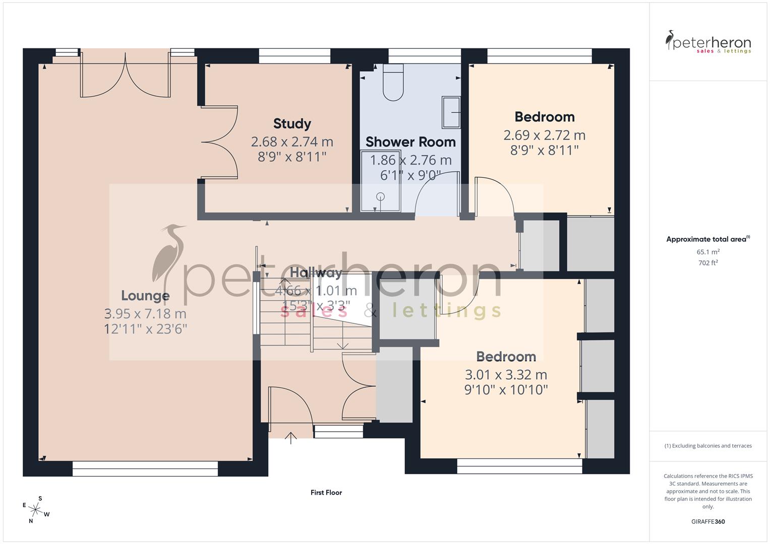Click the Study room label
pos(292,123)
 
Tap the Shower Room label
pos(410,142)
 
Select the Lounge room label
pos(145,296)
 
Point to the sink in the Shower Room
pos(451,112)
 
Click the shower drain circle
pos(381,196)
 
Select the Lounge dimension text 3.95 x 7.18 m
pos(145,314)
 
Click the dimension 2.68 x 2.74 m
pos(292,142)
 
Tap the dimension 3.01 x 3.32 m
pos(506,375)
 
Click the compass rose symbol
pos(35,510)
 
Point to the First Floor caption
pos(326,493)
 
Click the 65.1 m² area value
pos(708,252)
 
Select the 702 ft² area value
pos(708,263)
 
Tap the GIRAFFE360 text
pos(708,522)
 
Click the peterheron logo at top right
pos(708,42)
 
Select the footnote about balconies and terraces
pos(708,446)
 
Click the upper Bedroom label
pos(545,117)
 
